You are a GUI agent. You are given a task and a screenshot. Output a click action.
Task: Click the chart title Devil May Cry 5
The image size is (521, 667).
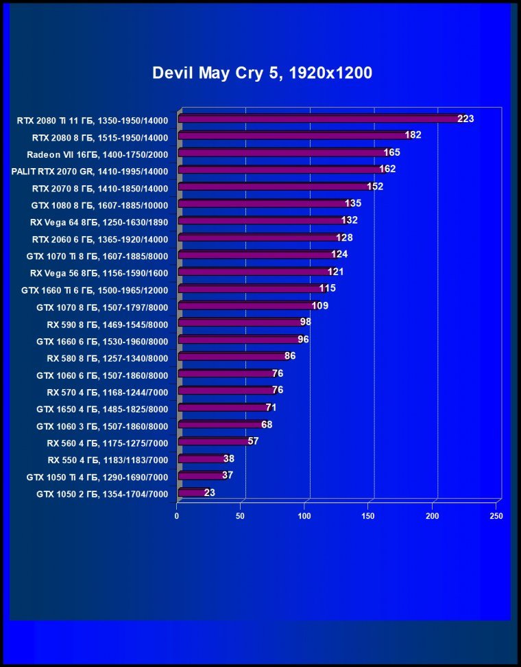pyautogui.click(x=262, y=73)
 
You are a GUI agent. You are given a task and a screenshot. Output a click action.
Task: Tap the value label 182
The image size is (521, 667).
pyautogui.click(x=413, y=135)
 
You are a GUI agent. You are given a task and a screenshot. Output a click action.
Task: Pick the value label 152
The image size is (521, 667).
pyautogui.click(x=374, y=187)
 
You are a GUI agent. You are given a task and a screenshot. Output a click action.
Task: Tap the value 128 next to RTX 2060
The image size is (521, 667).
pyautogui.click(x=344, y=237)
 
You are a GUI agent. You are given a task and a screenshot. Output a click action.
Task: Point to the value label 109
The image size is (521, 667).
pyautogui.click(x=319, y=305)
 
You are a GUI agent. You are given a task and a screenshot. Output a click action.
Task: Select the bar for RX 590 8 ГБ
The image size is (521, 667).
pyautogui.click(x=240, y=323)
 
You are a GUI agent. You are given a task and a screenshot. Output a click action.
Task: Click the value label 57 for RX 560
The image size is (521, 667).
pyautogui.click(x=253, y=441)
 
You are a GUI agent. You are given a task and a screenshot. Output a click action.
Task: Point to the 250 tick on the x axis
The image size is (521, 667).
pyautogui.click(x=496, y=515)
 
